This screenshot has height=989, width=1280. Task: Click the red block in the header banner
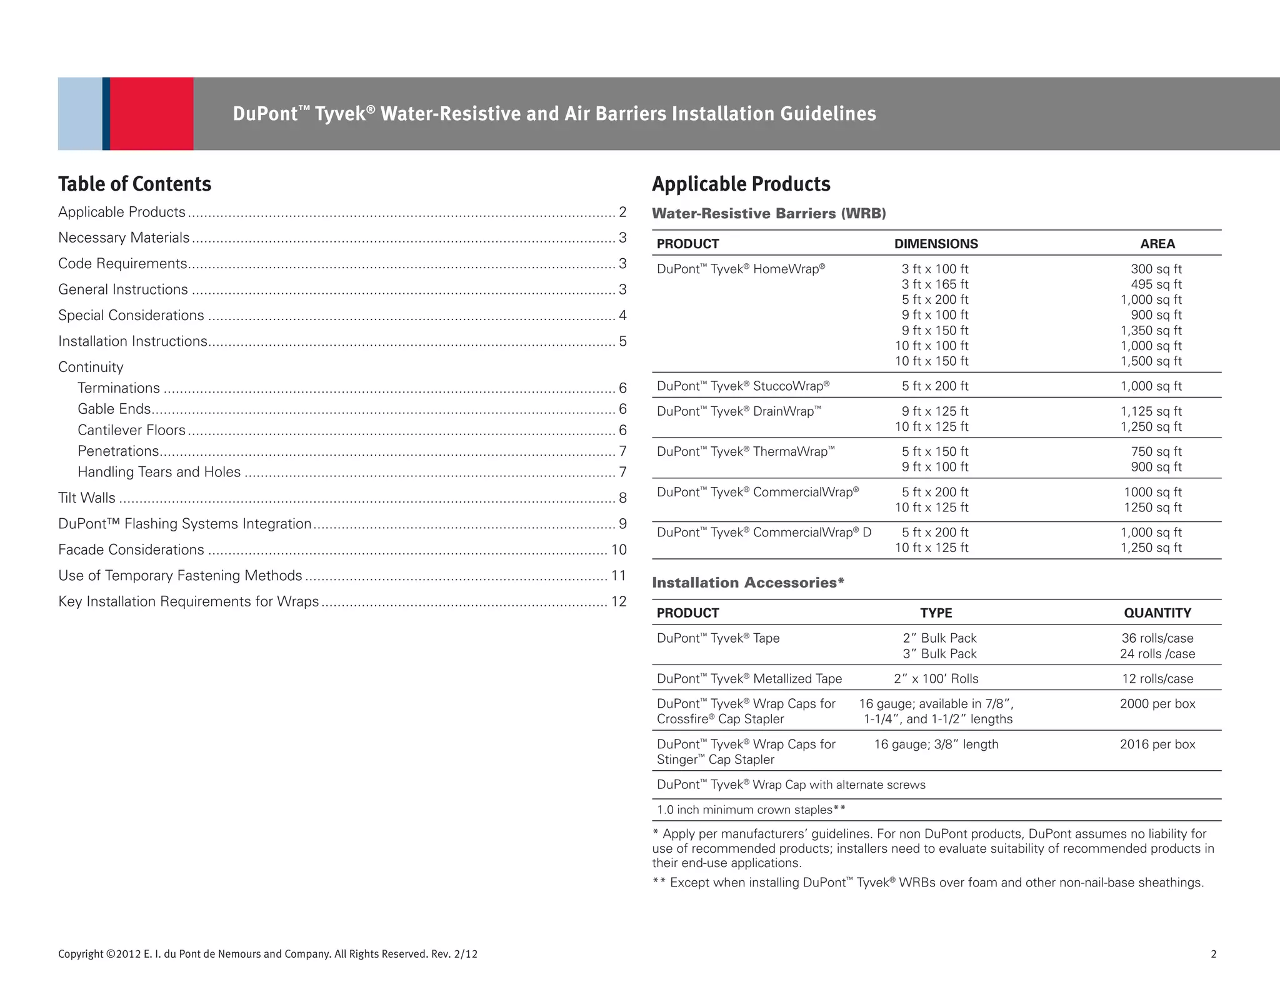[x=151, y=114]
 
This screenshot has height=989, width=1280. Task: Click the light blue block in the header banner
[x=80, y=114]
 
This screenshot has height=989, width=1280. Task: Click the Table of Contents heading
[x=135, y=184]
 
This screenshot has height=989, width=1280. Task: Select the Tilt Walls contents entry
[x=87, y=498]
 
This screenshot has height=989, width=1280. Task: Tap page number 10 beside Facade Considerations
[x=618, y=550]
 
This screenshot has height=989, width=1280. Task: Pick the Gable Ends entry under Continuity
[x=114, y=409]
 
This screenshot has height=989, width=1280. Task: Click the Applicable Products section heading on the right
[x=741, y=184]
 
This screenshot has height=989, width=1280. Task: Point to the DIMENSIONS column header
[x=936, y=244]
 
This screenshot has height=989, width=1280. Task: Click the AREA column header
[x=1157, y=244]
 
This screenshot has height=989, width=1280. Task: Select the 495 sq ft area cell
[x=1156, y=284]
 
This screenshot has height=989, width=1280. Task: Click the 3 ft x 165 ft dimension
[x=934, y=284]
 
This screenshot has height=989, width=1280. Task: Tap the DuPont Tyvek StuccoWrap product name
[x=742, y=386]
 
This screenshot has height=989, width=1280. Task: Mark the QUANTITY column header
[x=1157, y=613]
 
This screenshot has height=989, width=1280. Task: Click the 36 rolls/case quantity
[x=1157, y=638]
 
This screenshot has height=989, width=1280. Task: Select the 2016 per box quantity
[x=1157, y=745]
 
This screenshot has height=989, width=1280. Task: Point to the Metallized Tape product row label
[x=749, y=679]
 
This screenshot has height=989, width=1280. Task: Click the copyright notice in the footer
[x=267, y=954]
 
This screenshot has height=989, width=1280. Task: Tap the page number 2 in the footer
[x=1213, y=954]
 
